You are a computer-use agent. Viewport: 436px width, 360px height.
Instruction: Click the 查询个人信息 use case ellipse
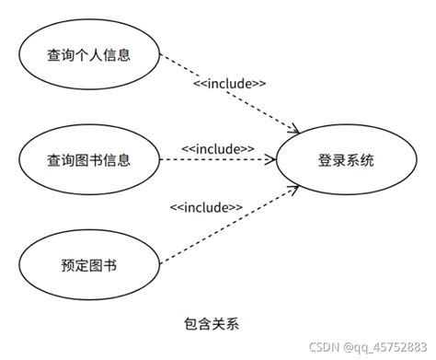pos(88,54)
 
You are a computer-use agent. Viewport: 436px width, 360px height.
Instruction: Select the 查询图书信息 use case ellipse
pos(88,160)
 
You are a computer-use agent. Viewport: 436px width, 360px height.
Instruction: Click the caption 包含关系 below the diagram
pos(213,324)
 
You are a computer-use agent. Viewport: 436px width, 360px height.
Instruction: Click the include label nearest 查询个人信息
pos(230,84)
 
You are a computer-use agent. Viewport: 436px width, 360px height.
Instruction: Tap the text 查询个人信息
pos(88,54)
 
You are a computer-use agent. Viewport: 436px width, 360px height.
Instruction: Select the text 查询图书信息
pos(88,160)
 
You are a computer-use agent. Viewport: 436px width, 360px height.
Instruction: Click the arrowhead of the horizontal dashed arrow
pos(271,160)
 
